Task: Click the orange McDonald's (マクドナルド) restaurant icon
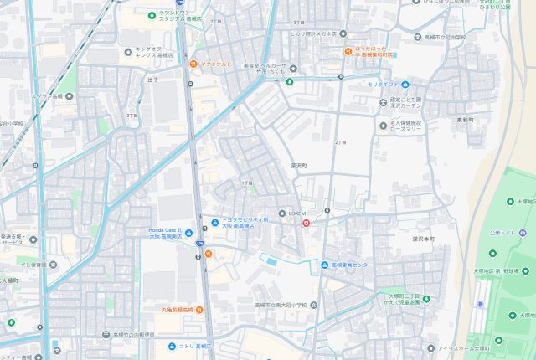tap(193, 64)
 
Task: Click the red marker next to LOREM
tap(306, 223)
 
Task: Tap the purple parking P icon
tap(479, 304)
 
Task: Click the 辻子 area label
tap(152, 80)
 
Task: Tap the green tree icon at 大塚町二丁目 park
tap(381, 296)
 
